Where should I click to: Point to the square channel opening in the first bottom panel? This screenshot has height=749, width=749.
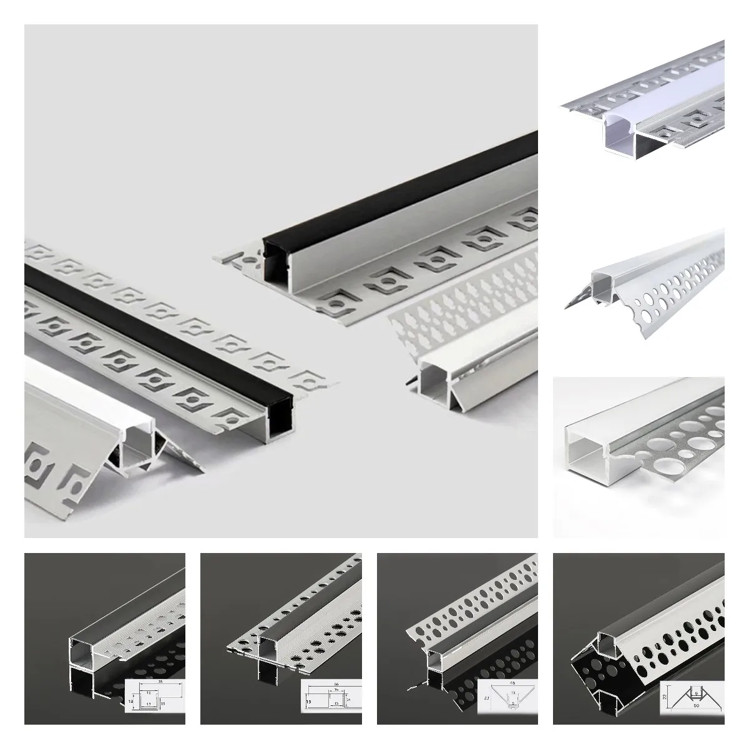click(83, 644)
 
